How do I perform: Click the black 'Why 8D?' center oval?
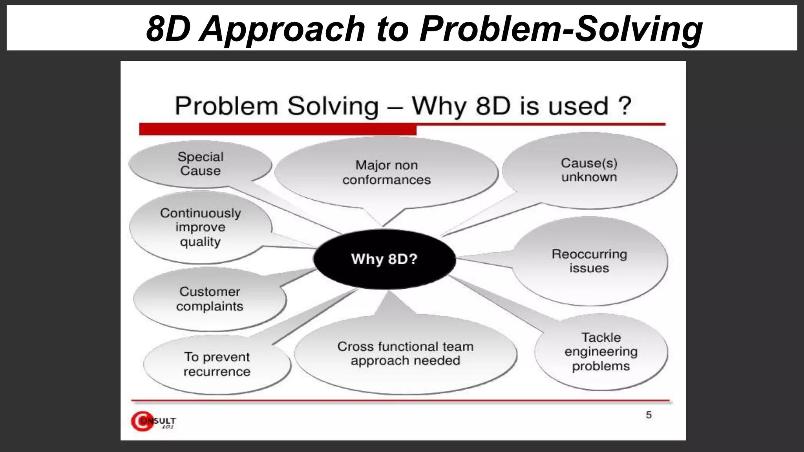tap(384, 259)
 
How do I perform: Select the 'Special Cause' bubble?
tap(200, 164)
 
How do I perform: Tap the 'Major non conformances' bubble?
tap(386, 173)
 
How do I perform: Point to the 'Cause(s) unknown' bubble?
tap(589, 170)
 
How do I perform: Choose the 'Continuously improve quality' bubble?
tap(200, 228)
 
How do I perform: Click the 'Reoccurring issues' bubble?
tap(589, 261)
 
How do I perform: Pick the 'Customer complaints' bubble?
tap(210, 299)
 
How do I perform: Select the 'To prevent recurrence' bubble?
tap(217, 364)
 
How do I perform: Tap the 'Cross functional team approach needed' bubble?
tap(405, 354)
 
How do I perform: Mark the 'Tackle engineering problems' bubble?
tap(601, 352)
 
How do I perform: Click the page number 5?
tap(649, 415)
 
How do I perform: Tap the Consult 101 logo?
tap(153, 421)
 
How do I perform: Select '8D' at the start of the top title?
tap(168, 29)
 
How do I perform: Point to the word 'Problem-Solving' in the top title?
tap(561, 29)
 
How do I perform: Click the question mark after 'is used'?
tap(624, 106)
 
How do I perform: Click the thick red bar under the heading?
tap(277, 129)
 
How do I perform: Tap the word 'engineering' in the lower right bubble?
tap(601, 352)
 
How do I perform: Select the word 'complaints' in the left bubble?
tap(210, 306)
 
